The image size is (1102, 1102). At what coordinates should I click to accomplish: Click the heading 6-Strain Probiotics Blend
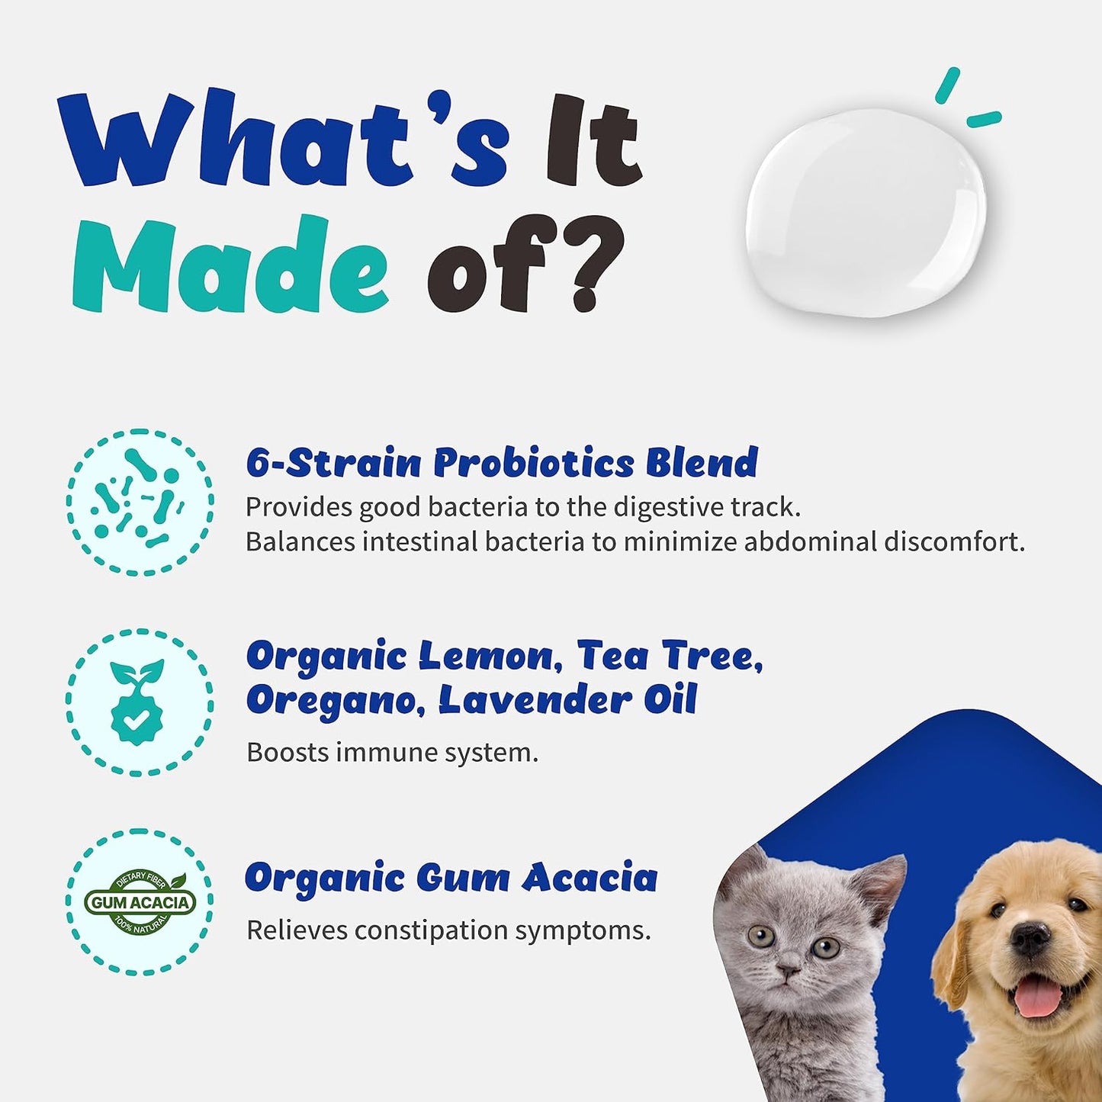point(502,462)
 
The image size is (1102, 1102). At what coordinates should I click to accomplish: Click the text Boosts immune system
point(392,752)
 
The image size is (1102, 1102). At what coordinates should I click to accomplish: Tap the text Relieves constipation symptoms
point(448,930)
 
